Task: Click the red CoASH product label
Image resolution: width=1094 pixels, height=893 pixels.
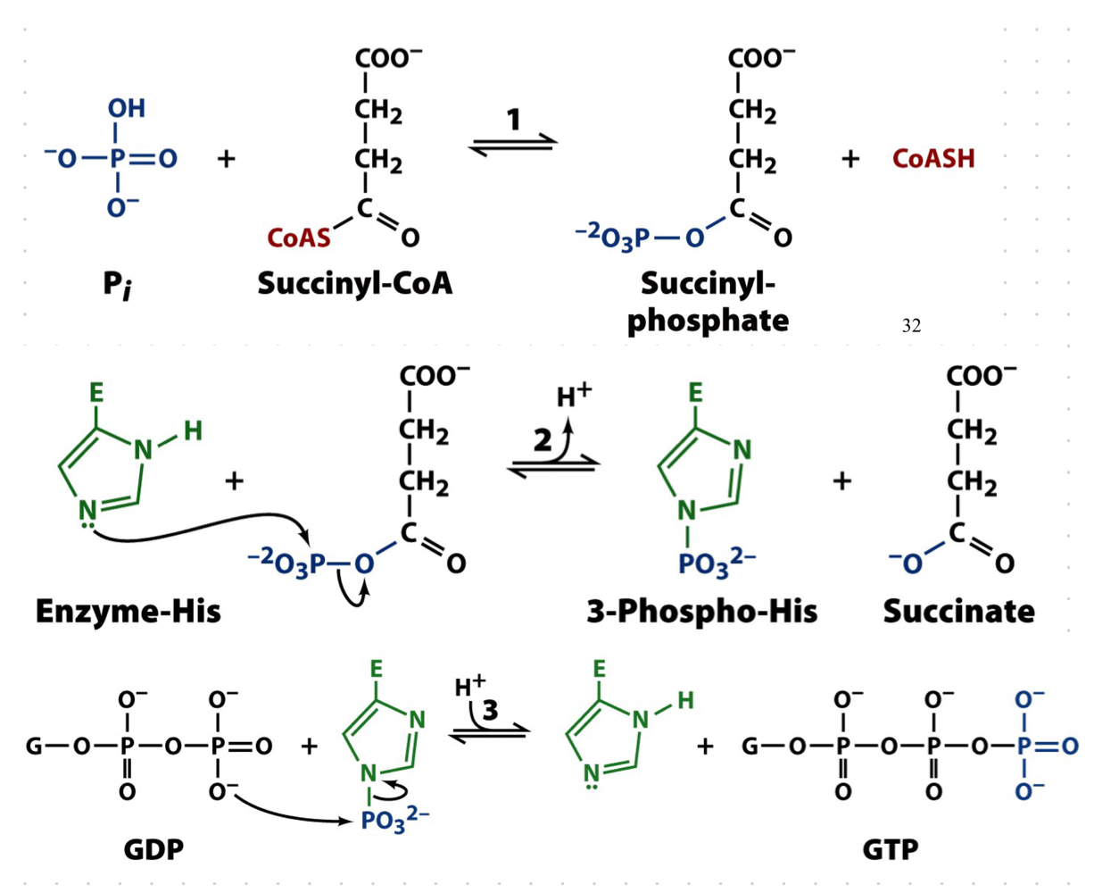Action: (933, 159)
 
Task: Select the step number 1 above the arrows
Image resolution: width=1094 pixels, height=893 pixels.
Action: (514, 119)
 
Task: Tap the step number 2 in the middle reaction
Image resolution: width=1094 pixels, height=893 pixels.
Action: (543, 440)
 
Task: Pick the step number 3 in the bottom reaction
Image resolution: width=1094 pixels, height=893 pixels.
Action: (489, 710)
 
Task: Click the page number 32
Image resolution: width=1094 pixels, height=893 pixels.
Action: (911, 326)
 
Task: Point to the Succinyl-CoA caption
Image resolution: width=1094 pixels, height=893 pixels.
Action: (354, 283)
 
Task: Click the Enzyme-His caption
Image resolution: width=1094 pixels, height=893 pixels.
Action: (128, 611)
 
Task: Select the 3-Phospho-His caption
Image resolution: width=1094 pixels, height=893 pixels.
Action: (701, 611)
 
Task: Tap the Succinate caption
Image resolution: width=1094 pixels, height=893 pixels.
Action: (959, 611)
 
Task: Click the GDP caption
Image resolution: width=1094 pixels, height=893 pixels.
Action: (153, 848)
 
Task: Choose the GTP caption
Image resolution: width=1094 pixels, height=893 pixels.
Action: (891, 848)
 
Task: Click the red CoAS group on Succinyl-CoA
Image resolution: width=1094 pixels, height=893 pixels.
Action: (299, 238)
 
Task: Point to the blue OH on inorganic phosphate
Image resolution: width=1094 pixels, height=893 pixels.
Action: (126, 109)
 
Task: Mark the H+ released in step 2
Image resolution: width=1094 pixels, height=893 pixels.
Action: (574, 395)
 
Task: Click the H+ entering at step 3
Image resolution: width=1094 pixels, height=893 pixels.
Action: (469, 686)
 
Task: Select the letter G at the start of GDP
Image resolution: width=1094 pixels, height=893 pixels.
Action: (34, 746)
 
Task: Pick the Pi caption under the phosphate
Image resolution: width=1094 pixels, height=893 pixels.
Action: (117, 286)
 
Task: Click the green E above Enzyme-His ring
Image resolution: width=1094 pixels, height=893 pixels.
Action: (96, 393)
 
